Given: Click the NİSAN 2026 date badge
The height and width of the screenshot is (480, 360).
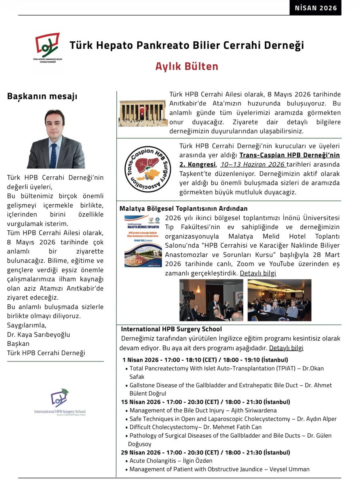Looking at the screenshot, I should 316,8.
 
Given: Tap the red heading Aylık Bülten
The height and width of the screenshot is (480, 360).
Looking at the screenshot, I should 187,66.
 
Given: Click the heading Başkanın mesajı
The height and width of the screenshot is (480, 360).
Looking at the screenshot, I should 42,96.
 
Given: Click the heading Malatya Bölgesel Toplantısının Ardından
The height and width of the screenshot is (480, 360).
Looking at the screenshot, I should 183,208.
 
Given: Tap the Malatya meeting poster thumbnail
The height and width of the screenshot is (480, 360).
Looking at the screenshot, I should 143,241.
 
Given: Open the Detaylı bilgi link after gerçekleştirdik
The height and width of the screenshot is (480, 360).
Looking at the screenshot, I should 258,273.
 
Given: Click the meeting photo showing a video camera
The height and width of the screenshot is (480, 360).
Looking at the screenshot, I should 211,300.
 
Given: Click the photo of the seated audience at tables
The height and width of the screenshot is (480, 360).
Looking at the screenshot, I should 279,300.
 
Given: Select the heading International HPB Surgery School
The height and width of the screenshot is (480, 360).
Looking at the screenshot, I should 171,329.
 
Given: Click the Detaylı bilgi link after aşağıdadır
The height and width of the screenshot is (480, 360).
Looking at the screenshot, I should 286,348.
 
